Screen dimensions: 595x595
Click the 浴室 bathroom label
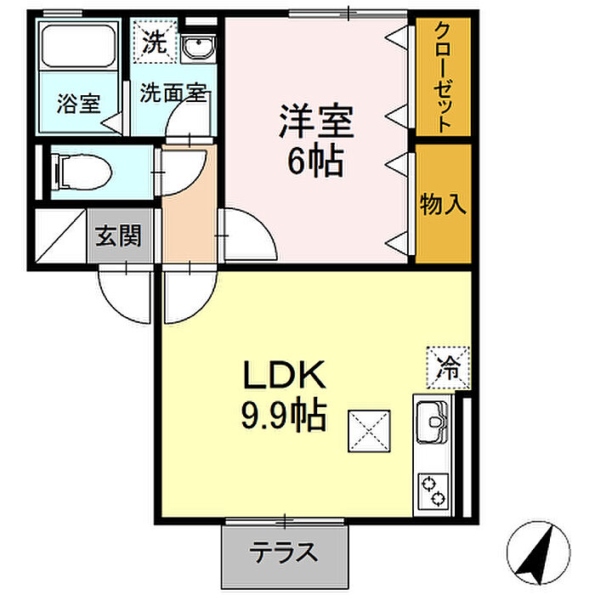[x=79, y=105]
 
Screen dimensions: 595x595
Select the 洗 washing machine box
[x=155, y=42]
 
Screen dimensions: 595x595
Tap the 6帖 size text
[x=315, y=161]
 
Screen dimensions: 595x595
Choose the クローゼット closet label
[x=443, y=76]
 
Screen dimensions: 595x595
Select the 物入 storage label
[x=443, y=204]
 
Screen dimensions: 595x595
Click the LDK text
[x=285, y=375]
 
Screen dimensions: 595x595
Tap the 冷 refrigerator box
[x=447, y=367]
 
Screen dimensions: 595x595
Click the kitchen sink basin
[x=433, y=419]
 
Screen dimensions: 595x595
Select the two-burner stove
[x=433, y=490]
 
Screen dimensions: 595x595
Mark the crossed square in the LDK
[x=369, y=433]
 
